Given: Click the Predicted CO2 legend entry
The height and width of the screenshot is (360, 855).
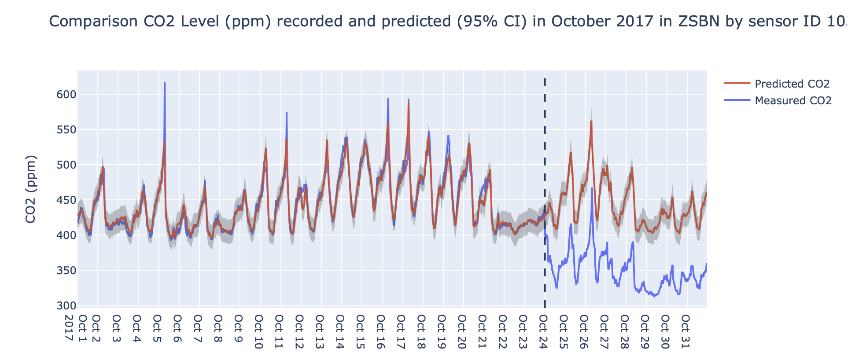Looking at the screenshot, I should pos(792,84).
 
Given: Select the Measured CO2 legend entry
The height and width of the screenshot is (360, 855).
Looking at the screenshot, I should pos(792,101).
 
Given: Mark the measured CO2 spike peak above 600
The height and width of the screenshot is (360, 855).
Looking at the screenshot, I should pos(165,83).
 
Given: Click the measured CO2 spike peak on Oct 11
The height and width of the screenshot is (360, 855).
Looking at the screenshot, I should pos(287,113).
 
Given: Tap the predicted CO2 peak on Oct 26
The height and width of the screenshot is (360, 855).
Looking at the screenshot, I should pos(591,121).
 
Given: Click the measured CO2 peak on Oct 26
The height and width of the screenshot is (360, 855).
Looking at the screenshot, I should pos(592,188).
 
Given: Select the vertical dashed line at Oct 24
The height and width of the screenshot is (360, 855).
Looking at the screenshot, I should pos(545,132).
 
